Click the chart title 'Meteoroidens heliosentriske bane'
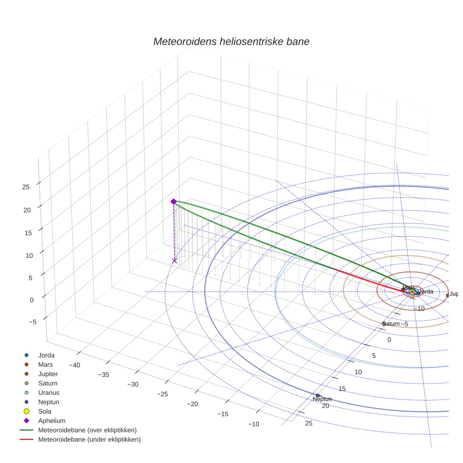pos(231,41)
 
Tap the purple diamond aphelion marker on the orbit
pos(173,201)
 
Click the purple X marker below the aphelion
pos(175,261)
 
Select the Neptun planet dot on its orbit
pos(318,395)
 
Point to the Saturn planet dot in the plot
pos(384,324)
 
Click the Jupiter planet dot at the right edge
pos(447,295)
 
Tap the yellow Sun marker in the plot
pos(412,292)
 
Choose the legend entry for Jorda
pos(46,355)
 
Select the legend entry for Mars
pos(45,364)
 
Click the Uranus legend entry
pos(48,392)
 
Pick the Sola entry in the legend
pos(45,411)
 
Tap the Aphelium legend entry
pos(51,421)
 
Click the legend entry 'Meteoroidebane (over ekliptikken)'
pos(87,430)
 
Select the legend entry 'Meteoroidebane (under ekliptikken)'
pos(89,439)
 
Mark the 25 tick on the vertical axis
pos(25,187)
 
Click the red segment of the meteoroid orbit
pos(367,279)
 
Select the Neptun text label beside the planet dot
pos(322,399)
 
